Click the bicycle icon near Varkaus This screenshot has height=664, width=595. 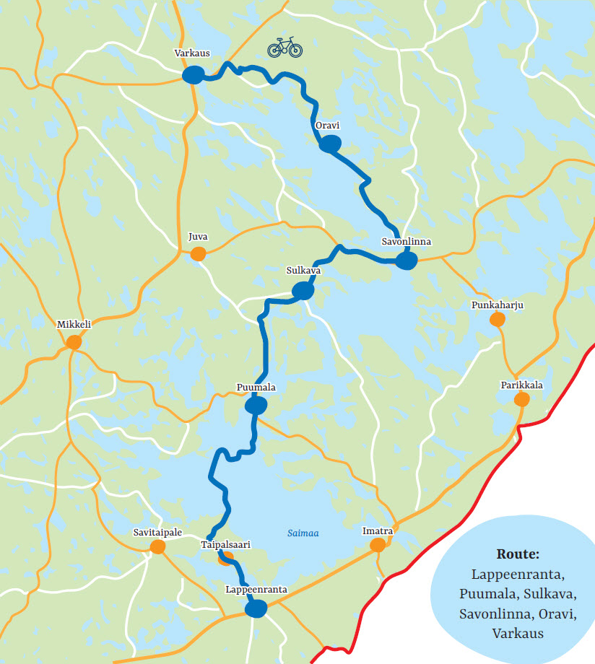click(285, 48)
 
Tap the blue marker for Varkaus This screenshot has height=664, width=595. click(193, 75)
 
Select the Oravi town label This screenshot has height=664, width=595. click(328, 126)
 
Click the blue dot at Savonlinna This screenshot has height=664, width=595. click(407, 261)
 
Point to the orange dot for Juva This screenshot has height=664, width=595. click(198, 253)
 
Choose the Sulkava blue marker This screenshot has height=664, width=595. click(303, 291)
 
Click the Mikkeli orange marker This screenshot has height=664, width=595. click(73, 342)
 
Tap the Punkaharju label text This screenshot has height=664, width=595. click(497, 305)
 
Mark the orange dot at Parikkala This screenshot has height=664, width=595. click(521, 398)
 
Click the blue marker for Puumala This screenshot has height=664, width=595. click(256, 406)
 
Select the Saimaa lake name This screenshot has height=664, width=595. click(303, 534)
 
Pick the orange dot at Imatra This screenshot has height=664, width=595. click(377, 545)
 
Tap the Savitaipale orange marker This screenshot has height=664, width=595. click(157, 546)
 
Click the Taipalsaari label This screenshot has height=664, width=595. click(225, 546)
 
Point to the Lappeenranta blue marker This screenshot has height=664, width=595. click(256, 610)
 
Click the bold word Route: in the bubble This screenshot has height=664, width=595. click(518, 554)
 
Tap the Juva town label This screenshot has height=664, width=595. click(197, 237)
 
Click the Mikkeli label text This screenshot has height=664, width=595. click(74, 325)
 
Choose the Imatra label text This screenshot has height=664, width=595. click(377, 531)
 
